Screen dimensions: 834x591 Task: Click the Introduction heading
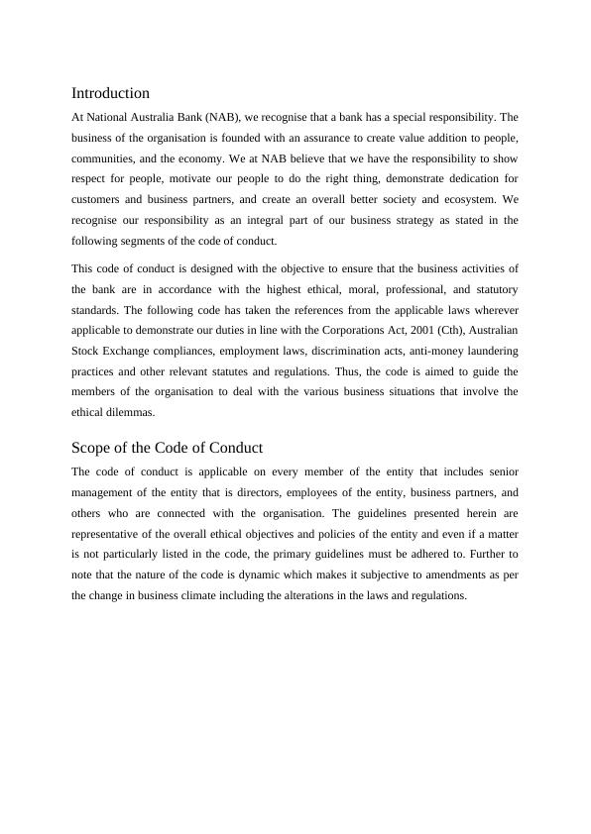(x=110, y=93)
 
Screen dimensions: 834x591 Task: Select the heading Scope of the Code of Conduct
(x=167, y=448)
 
